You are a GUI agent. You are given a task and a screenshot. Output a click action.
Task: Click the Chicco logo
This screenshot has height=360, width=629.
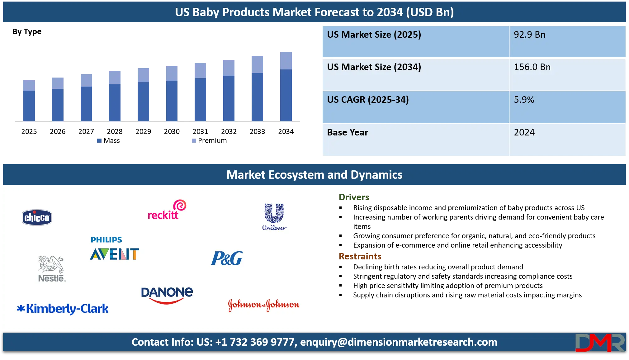[x=37, y=217]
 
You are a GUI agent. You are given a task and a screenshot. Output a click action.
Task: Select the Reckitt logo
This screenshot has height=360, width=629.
[x=166, y=211]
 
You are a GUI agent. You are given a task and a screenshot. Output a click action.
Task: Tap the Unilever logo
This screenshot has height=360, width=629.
[x=274, y=217]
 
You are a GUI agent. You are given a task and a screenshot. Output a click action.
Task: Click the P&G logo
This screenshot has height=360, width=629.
[x=227, y=258]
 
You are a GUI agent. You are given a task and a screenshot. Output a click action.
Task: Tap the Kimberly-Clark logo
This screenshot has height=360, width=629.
[x=63, y=309]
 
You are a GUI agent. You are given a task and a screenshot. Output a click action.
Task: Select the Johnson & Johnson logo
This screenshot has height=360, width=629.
[x=263, y=305]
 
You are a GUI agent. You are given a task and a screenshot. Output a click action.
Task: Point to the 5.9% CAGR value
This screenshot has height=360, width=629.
[x=524, y=100]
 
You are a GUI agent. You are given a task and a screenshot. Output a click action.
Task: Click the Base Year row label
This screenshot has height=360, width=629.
[x=348, y=132]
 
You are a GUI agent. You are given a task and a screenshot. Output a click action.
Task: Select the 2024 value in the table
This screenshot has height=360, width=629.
[x=524, y=132]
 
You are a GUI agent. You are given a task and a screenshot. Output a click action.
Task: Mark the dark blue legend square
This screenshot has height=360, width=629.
[x=100, y=141]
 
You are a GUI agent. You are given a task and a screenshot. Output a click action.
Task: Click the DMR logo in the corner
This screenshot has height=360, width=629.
[x=600, y=343]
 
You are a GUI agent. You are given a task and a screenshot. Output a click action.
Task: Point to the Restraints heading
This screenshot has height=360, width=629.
[x=360, y=257]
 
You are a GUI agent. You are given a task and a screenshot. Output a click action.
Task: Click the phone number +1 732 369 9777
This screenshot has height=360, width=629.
[x=255, y=342]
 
